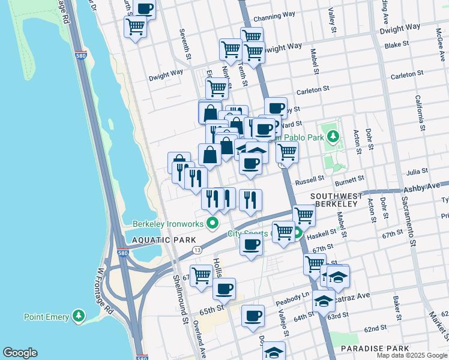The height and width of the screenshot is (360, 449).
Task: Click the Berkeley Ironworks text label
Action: (x=169, y=224)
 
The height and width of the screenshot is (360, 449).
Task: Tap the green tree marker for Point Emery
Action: (x=77, y=316)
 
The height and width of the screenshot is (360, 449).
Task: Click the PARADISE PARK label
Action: (x=375, y=348)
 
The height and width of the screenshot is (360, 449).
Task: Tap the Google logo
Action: (x=20, y=353)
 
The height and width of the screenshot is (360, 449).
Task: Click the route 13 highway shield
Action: (x=196, y=249)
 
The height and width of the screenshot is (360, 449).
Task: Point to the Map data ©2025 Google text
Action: (x=411, y=355)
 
